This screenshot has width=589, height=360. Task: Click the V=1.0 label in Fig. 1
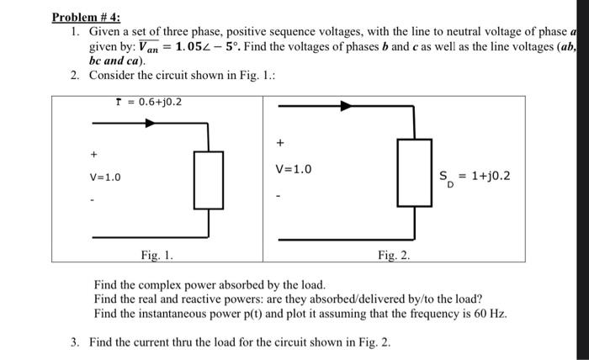(105, 177)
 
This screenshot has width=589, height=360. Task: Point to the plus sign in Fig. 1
(93, 155)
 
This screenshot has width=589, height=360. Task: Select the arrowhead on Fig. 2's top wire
(345, 107)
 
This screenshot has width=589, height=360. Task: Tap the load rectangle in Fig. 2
(414, 177)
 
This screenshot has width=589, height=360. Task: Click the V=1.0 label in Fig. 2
(294, 169)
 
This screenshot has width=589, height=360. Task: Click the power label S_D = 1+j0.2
(475, 177)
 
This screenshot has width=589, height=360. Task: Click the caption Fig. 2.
(394, 254)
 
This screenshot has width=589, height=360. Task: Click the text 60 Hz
(491, 314)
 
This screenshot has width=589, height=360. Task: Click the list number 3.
(75, 342)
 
